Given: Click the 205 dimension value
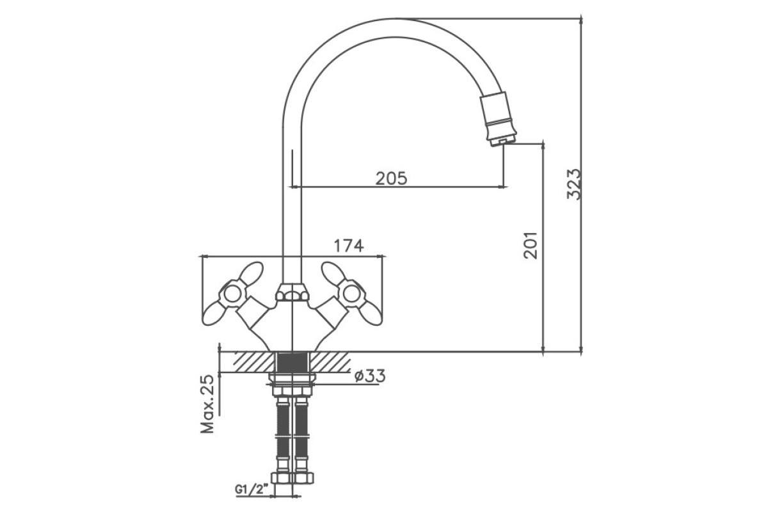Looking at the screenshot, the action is click(392, 179).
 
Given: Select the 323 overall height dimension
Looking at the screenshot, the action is click(574, 184).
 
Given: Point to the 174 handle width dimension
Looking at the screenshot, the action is click(348, 246).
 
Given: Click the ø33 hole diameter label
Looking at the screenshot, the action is click(370, 376).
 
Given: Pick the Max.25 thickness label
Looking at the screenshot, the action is click(207, 404).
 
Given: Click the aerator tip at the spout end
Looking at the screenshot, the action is click(502, 140).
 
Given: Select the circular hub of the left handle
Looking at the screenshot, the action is click(233, 294).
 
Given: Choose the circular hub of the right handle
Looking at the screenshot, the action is click(351, 294).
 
